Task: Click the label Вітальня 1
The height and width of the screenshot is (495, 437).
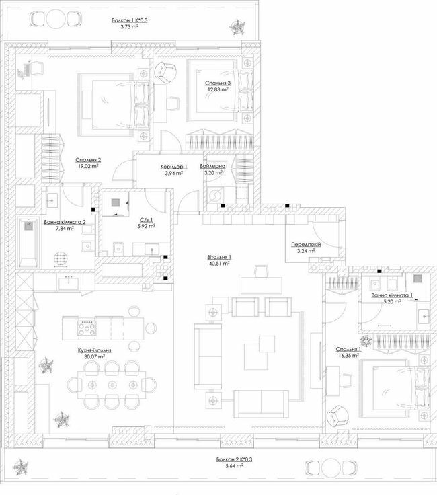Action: coord(221,257)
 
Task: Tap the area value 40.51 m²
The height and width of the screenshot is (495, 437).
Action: coord(221,264)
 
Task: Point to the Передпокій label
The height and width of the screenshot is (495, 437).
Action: coord(306,245)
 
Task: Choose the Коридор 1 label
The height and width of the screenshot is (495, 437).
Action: coord(174,165)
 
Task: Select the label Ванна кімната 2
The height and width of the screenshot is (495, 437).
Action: coord(65,221)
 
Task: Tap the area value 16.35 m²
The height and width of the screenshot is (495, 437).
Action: coord(349,356)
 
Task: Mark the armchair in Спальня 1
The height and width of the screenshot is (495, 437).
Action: coord(336,416)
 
